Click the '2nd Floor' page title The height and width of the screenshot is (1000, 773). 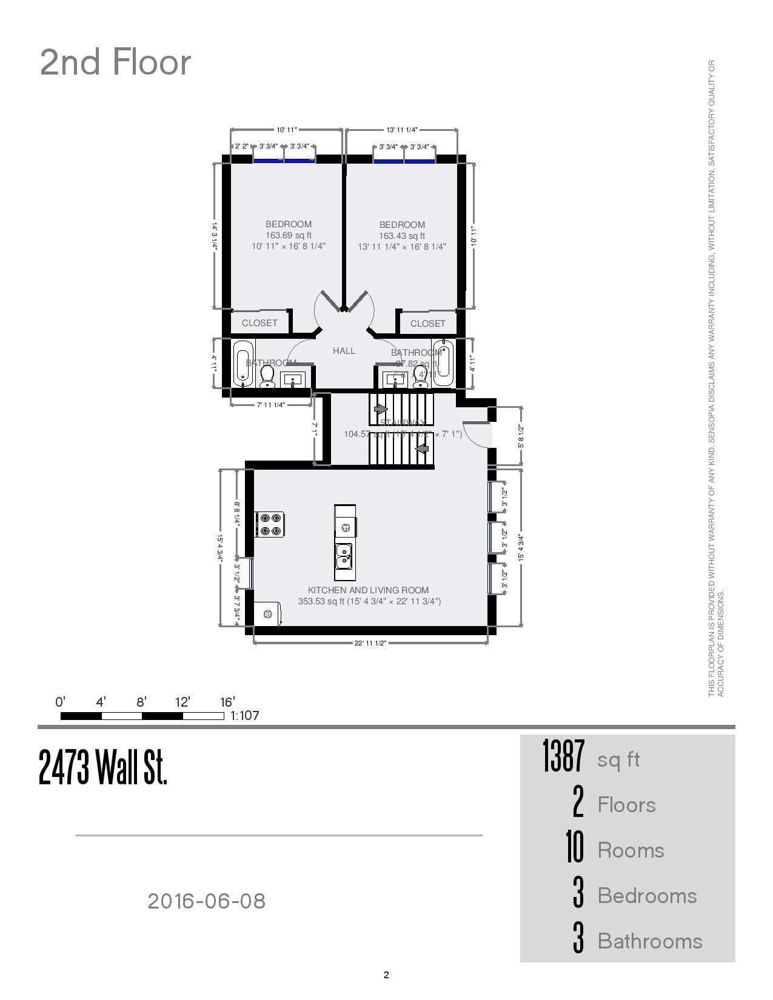[x=115, y=62]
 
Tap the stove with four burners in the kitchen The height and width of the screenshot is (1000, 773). [x=270, y=524]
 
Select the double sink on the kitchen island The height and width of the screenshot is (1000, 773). [x=344, y=555]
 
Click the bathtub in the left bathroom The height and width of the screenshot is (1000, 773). [x=243, y=364]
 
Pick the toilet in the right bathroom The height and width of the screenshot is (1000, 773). [x=420, y=376]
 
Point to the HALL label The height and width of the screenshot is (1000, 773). [x=344, y=351]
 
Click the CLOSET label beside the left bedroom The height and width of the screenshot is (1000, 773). [x=259, y=323]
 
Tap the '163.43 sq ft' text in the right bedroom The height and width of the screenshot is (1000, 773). [x=402, y=236]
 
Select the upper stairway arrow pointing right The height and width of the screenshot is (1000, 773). [x=381, y=409]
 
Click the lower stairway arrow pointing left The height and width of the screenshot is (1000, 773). [x=422, y=448]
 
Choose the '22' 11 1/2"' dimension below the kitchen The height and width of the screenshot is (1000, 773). [x=370, y=643]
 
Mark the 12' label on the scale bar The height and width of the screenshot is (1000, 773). [x=182, y=702]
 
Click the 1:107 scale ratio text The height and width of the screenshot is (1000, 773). [x=245, y=716]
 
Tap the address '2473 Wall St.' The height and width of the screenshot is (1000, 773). [x=103, y=767]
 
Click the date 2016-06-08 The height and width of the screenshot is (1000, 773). [x=206, y=901]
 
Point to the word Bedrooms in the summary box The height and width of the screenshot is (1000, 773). [x=647, y=896]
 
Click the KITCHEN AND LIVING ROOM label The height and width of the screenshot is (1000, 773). [x=368, y=590]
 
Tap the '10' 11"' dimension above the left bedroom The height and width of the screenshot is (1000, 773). [x=286, y=130]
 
